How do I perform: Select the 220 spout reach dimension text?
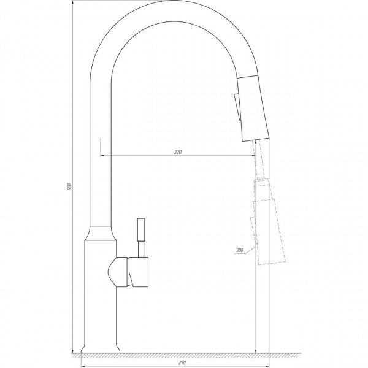pyautogui.click(x=178, y=151)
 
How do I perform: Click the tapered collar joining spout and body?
pyautogui.click(x=101, y=232)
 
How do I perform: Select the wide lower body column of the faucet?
pyautogui.click(x=99, y=294)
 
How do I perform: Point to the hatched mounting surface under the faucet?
pyautogui.click(x=184, y=356)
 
